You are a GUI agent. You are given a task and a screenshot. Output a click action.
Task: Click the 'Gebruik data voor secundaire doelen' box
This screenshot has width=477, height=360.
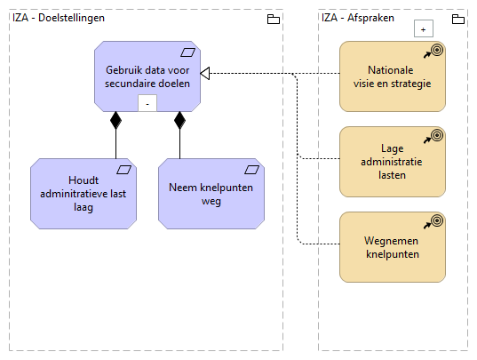click(147, 76)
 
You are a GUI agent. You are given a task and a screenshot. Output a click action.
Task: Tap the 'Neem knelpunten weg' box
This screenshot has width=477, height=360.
click(211, 193)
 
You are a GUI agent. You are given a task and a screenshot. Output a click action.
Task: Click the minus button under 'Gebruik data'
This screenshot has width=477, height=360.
click(147, 103)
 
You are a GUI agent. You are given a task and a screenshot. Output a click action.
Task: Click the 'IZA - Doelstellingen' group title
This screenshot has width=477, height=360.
click(59, 18)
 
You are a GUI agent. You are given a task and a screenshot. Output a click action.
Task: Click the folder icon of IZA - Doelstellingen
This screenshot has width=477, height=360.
click(273, 19)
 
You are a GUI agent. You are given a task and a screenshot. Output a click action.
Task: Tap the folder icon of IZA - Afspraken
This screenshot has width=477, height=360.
click(457, 19)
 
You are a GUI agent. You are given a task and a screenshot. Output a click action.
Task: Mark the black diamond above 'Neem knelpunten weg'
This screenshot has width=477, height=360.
click(179, 120)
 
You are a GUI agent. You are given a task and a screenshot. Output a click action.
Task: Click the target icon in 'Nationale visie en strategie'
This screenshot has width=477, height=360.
click(435, 52)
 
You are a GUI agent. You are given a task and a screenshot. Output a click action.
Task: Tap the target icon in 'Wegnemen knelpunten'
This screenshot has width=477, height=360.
click(435, 222)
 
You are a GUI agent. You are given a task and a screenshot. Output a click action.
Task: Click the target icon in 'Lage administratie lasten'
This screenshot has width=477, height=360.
click(435, 137)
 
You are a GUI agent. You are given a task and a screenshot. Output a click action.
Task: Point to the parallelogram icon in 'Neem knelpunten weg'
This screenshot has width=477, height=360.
click(252, 169)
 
